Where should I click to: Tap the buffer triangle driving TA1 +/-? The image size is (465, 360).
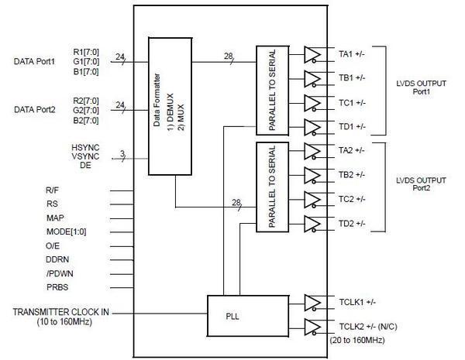click(313, 54)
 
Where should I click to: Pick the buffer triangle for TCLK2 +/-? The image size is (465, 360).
click(313, 326)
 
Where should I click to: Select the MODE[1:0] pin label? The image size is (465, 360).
click(67, 230)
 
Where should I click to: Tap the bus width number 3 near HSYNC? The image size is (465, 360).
click(122, 153)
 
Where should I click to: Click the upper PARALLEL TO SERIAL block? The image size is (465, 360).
click(270, 91)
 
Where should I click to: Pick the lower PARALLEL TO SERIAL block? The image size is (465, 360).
click(270, 187)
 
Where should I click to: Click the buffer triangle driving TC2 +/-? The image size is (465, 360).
click(313, 199)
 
